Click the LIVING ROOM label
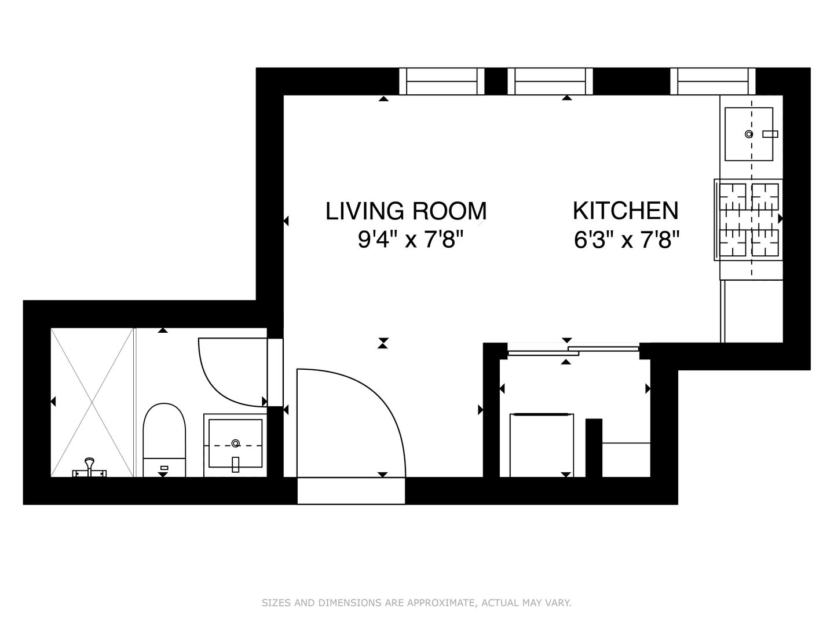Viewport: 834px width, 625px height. (406, 211)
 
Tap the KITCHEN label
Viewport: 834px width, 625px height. (625, 211)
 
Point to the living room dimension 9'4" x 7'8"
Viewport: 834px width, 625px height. (411, 240)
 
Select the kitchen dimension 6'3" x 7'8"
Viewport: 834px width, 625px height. (627, 240)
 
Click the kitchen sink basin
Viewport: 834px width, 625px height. (748, 134)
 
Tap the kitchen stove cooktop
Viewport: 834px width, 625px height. (748, 220)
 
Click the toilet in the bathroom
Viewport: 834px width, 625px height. (164, 440)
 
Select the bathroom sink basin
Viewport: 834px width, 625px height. (236, 443)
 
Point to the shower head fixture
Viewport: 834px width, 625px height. (90, 468)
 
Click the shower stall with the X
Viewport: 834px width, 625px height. (92, 402)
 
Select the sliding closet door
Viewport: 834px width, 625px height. (573, 351)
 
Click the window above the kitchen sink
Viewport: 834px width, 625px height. (713, 81)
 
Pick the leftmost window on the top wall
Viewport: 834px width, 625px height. (441, 81)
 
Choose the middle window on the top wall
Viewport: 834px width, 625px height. (550, 81)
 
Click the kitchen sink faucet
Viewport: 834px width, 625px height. (770, 134)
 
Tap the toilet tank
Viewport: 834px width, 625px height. (164, 468)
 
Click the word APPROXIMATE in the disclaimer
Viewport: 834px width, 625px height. (440, 602)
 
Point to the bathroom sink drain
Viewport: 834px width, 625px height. (236, 443)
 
